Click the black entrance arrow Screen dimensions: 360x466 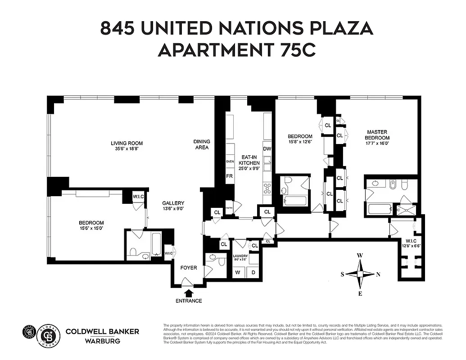click(189, 293)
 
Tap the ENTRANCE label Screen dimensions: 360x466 click(189, 301)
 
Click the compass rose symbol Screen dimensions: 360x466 click(360, 274)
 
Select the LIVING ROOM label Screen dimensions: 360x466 click(127, 147)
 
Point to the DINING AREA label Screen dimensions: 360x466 click(202, 144)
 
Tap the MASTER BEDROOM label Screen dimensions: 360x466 click(377, 135)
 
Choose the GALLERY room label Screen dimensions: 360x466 click(173, 206)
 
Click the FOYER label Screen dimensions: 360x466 click(189, 268)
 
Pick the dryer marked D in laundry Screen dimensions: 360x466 click(253, 272)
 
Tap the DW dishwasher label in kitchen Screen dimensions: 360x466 click(267, 149)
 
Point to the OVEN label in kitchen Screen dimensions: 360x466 click(230, 161)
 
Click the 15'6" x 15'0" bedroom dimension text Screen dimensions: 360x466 click(91, 228)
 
